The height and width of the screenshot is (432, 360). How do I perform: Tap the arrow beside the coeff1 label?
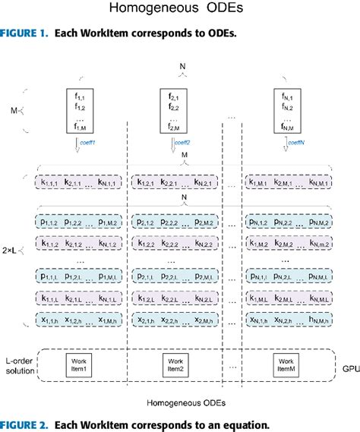(x=78, y=147)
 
